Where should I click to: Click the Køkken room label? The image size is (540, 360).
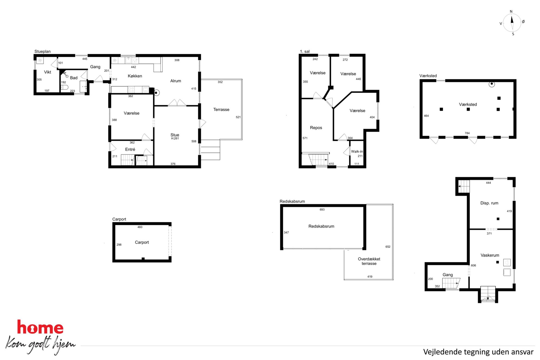tap(135, 76)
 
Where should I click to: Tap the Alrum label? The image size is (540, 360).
tap(176, 81)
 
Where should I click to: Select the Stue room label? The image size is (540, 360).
tap(175, 135)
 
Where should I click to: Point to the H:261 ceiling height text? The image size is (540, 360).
tap(175, 139)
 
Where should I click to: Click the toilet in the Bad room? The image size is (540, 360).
tap(64, 87)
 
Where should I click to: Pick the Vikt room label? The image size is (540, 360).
tap(48, 72)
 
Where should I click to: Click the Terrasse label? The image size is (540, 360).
tap(221, 109)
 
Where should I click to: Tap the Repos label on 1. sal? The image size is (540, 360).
tap(316, 128)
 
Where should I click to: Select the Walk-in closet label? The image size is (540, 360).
tap(357, 152)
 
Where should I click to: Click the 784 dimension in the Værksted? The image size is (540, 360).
tap(467, 133)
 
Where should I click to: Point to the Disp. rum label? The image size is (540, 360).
tap(489, 203)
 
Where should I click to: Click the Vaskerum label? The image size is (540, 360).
tap(490, 255)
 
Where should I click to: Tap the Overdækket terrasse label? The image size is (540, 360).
tap(369, 261)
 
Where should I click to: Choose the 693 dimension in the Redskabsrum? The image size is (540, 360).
tap(322, 210)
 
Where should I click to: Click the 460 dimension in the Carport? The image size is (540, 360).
tap(140, 227)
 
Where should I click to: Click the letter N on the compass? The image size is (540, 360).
tap(511, 12)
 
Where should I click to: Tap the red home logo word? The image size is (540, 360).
tap(40, 327)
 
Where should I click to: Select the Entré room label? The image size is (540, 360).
tap(130, 149)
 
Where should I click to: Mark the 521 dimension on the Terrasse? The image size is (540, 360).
tap(238, 117)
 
